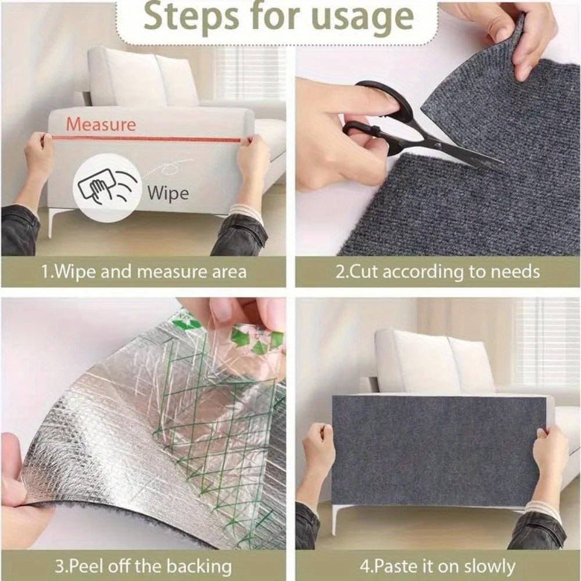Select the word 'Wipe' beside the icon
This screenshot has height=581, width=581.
coord(168,192)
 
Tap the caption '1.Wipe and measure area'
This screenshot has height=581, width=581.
coord(144,271)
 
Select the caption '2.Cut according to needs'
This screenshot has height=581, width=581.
coord(437,271)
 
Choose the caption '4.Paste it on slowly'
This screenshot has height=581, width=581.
coord(437,566)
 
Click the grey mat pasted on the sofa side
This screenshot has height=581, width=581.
coord(439,450)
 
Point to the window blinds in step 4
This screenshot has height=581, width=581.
coord(546,343)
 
